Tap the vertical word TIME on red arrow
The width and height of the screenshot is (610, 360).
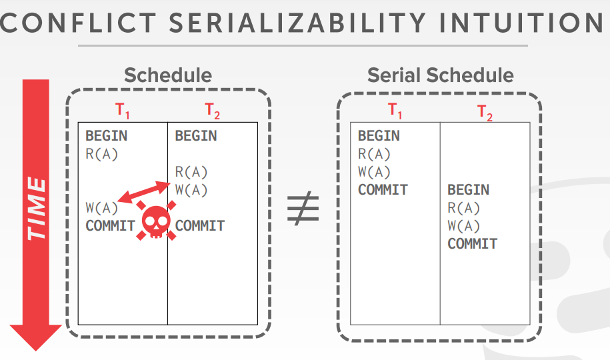[37, 208]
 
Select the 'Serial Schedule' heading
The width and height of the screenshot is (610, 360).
[441, 75]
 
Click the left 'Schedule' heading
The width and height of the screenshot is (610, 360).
[168, 75]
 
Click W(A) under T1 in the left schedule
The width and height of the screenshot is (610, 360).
[102, 208]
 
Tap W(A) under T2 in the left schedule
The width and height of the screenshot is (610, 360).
[191, 190]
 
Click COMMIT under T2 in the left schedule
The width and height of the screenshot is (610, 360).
[200, 226]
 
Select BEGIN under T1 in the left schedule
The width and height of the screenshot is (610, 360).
[106, 136]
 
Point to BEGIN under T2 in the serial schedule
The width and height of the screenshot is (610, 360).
[468, 190]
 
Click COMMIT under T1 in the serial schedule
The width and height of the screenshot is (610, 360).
[383, 190]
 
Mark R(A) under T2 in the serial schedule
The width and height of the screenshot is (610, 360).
[464, 208]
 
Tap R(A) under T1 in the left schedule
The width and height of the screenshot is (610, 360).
[102, 154]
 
